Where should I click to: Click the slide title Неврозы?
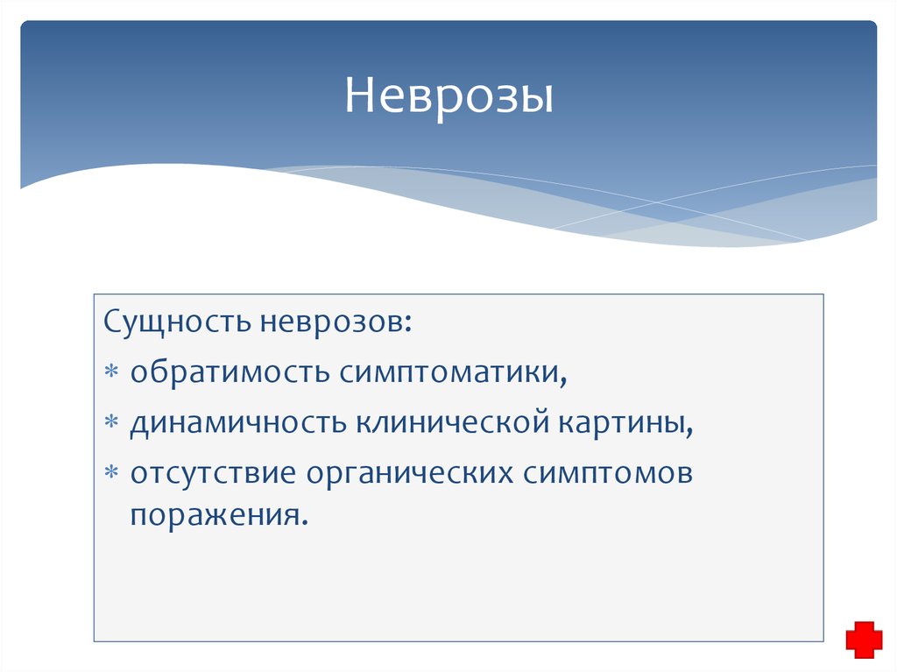(449, 95)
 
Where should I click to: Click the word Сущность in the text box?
(177, 322)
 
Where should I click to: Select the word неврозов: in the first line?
(335, 322)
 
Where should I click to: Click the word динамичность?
(238, 423)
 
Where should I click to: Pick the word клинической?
(453, 422)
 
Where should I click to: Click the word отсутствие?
(213, 473)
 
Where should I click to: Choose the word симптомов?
(607, 474)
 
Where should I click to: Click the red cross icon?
(864, 640)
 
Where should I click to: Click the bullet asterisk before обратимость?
(111, 371)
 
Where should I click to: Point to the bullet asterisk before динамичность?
(111, 421)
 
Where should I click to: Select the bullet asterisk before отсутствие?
(111, 472)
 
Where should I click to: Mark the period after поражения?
(304, 522)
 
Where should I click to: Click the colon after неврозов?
(408, 324)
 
